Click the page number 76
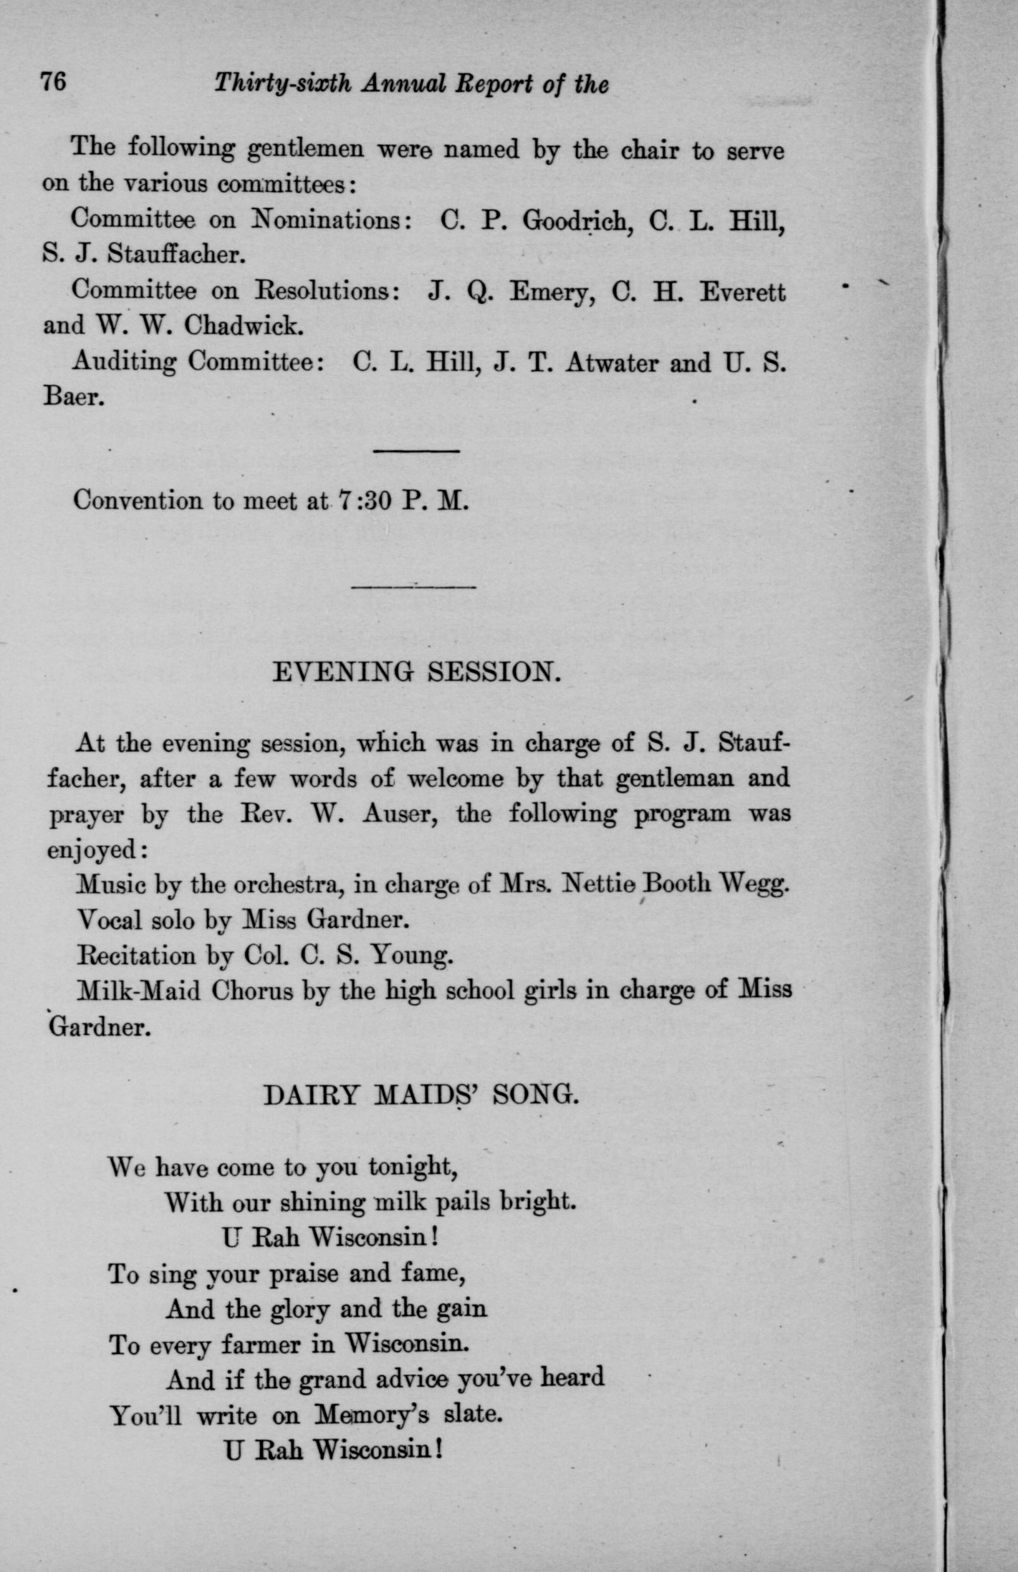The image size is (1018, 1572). tap(54, 83)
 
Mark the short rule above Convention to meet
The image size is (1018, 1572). tap(417, 451)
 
